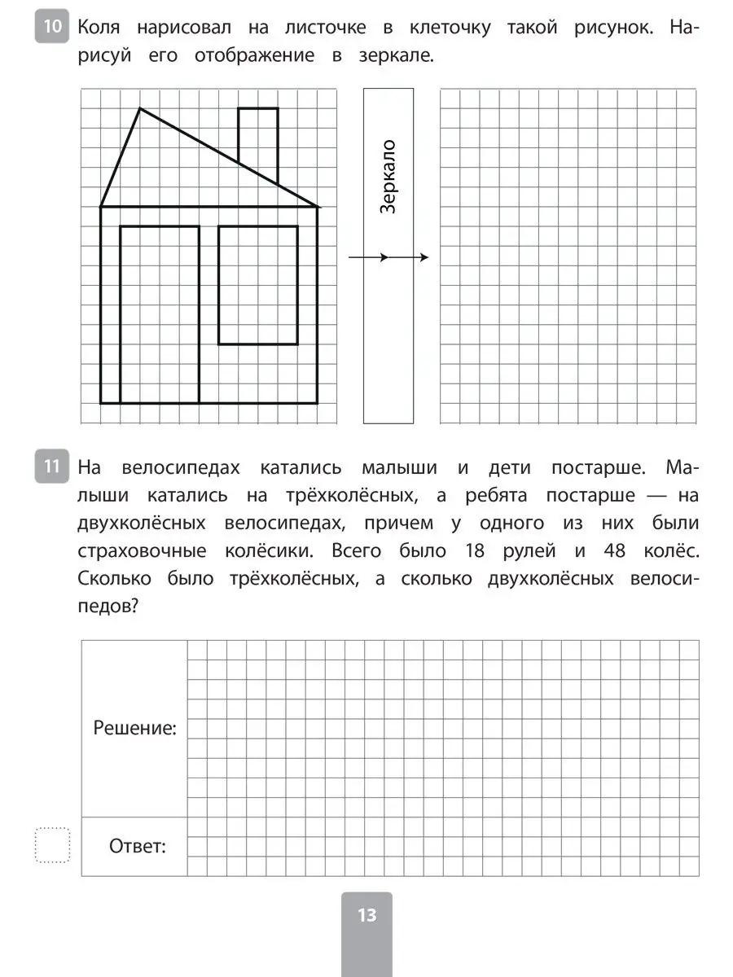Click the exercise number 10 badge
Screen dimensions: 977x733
(x=51, y=27)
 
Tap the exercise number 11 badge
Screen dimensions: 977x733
(x=51, y=467)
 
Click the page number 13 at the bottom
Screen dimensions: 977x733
(x=366, y=915)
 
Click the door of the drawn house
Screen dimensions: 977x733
(x=160, y=314)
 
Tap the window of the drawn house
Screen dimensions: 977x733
(x=258, y=285)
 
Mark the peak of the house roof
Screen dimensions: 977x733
(x=141, y=108)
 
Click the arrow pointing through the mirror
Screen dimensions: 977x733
(x=388, y=258)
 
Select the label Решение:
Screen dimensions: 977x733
(x=134, y=728)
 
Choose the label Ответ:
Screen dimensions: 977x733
(x=137, y=847)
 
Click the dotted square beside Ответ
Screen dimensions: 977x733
(x=53, y=845)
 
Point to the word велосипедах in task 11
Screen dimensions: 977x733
(x=181, y=468)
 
